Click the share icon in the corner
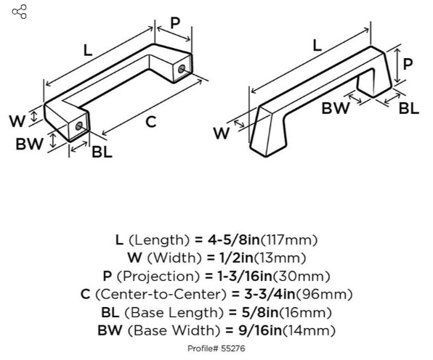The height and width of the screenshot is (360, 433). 20,12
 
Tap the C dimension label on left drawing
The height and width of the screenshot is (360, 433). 151,122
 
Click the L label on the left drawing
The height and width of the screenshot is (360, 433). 87,50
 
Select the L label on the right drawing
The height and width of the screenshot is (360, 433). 317,45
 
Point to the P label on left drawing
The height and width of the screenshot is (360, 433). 175,23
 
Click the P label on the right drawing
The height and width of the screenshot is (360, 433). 408,64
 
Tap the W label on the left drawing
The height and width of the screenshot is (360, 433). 17,120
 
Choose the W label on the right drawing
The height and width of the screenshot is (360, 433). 221,134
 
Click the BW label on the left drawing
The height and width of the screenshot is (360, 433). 29,144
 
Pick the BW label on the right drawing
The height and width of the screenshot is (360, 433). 336,108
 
